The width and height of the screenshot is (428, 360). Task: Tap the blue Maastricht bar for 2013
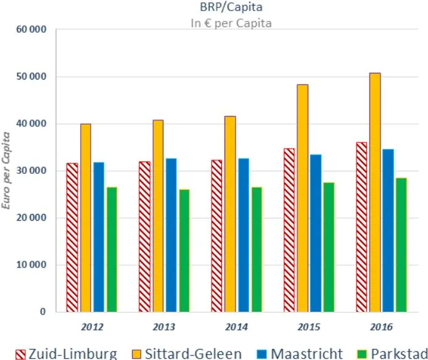(171, 235)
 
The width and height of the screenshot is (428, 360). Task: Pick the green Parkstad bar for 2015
(329, 247)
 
